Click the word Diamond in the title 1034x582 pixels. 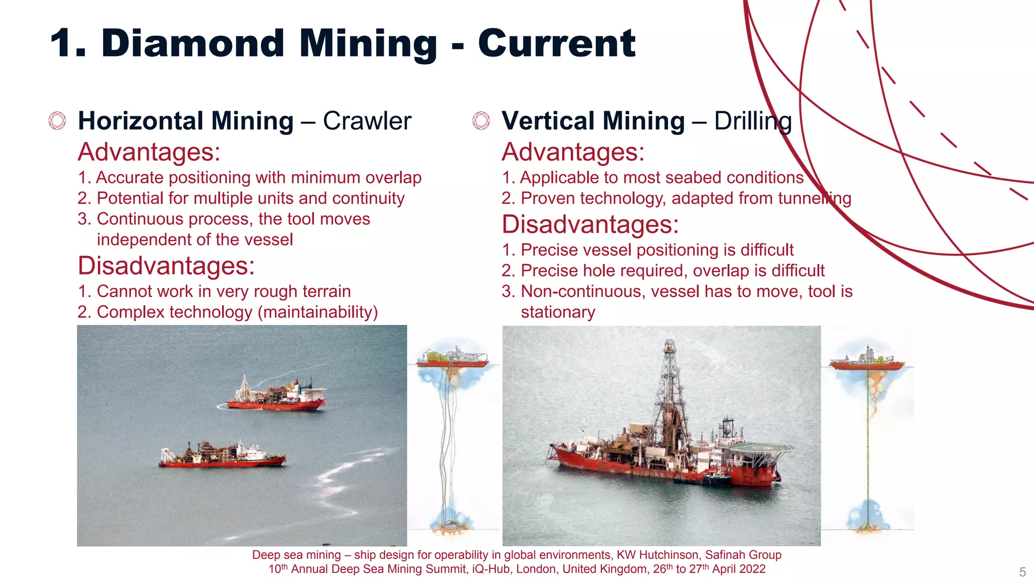coord(193,44)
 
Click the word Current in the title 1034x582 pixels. coord(556,44)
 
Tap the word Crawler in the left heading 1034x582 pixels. coord(367,121)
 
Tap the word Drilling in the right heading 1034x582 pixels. coord(753,121)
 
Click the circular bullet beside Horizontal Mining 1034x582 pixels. coord(57,121)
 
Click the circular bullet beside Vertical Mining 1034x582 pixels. coord(481,121)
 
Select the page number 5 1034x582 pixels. coord(1022,572)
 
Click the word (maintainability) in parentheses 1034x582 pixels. coord(318,312)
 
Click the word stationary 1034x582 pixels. coord(558,312)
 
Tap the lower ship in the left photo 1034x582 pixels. coord(222,455)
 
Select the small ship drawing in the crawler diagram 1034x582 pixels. coord(452,358)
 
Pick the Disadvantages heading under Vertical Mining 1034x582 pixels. coord(590,225)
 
